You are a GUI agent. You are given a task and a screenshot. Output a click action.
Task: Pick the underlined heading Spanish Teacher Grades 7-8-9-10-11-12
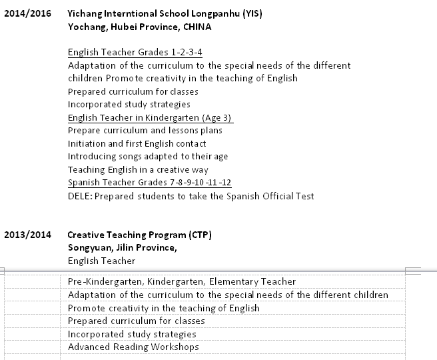[150, 183]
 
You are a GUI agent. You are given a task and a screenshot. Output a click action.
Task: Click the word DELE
[79, 196]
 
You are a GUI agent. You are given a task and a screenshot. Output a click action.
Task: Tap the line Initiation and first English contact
[137, 143]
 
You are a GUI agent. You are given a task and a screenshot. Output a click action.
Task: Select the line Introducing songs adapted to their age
[148, 157]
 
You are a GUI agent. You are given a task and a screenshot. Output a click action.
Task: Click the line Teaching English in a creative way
[138, 170]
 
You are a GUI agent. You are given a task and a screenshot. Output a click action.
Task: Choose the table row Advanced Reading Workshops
[133, 347]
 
